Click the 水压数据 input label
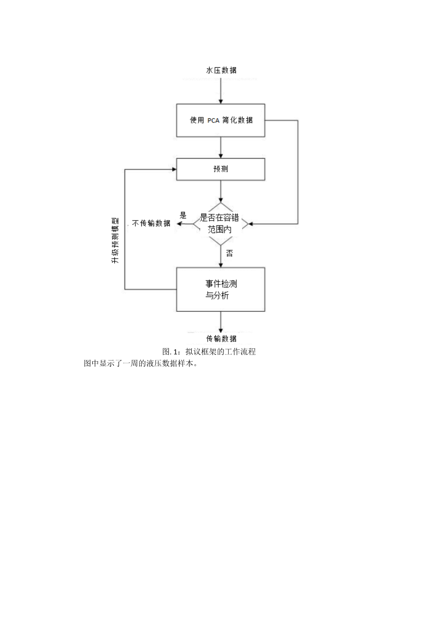(x=221, y=70)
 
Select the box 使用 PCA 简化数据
(x=221, y=120)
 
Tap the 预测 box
(x=221, y=169)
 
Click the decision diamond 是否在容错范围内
(x=221, y=224)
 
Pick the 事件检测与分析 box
(x=221, y=289)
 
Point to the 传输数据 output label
(x=221, y=338)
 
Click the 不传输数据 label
(x=151, y=223)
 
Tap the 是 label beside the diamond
(x=183, y=215)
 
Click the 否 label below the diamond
(x=229, y=253)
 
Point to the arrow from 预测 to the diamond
(x=221, y=191)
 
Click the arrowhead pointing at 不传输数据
(x=179, y=224)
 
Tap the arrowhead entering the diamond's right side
(x=249, y=224)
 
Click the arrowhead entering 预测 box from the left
(x=174, y=169)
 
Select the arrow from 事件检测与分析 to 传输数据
(x=221, y=321)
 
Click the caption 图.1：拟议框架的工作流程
(x=209, y=352)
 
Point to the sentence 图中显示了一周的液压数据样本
(x=141, y=363)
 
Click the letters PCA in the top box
(x=213, y=121)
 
